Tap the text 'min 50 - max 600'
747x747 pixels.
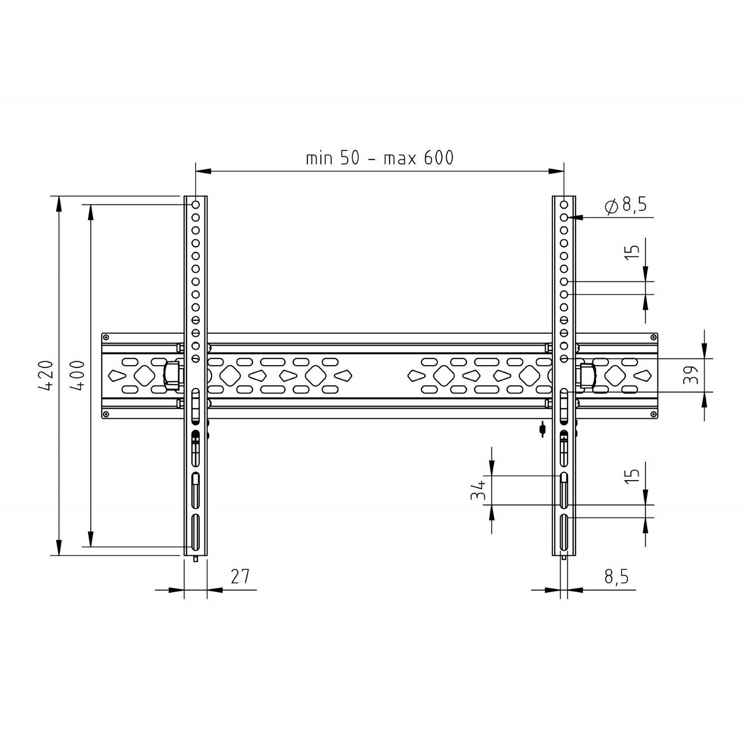point(379,158)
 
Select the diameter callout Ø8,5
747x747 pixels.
point(625,205)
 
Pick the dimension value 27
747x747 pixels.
point(240,576)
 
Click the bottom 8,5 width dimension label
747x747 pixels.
point(617,577)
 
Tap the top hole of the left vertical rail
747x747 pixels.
point(196,204)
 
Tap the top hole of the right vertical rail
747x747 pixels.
point(564,204)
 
